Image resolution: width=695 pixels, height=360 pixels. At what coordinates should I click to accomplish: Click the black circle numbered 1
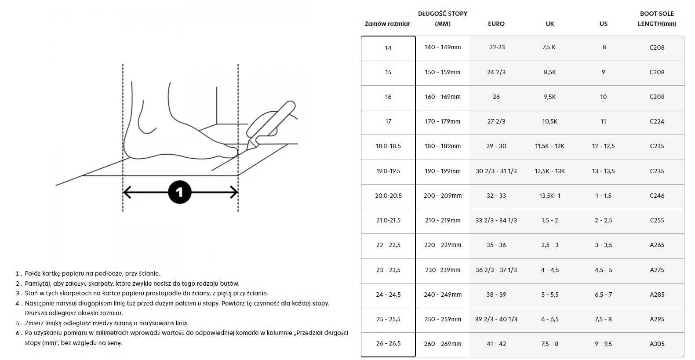click(179, 192)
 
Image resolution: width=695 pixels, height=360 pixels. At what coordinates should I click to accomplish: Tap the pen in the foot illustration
click(270, 124)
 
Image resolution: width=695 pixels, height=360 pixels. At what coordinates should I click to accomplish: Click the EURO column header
click(496, 24)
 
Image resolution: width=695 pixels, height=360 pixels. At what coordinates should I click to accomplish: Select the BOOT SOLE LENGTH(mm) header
click(657, 18)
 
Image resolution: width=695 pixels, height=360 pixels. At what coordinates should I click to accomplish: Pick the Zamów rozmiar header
click(388, 24)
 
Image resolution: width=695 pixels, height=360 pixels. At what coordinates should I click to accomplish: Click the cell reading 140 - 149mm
click(443, 47)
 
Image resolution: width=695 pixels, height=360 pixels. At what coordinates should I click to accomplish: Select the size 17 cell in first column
click(388, 121)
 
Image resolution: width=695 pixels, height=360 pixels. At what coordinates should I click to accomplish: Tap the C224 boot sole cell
click(657, 121)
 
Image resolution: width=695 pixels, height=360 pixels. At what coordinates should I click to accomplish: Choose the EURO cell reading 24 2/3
click(496, 72)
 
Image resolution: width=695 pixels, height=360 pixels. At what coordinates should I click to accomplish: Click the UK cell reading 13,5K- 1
click(550, 196)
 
